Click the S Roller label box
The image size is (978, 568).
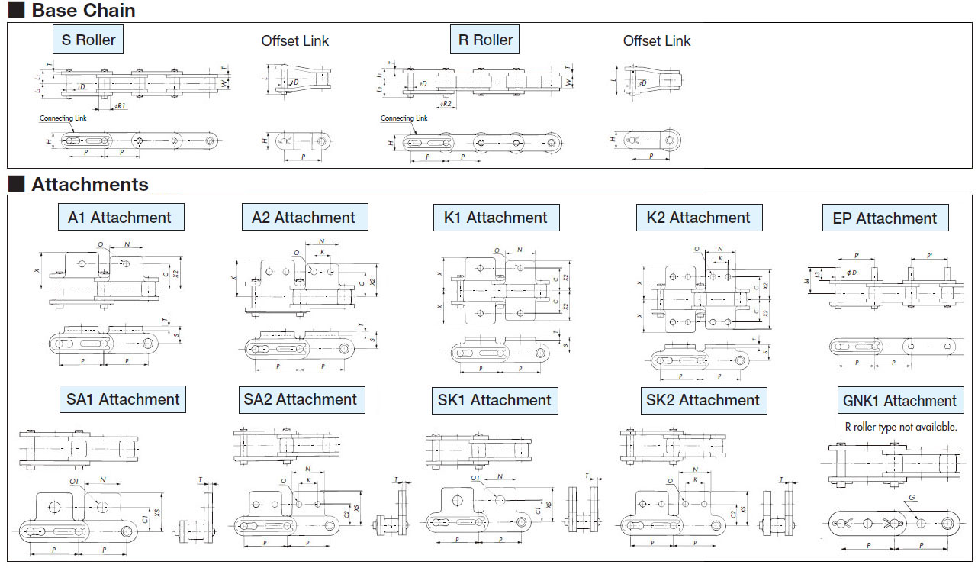click(x=88, y=40)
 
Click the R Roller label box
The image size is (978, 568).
click(x=485, y=40)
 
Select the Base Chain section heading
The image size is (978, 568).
click(x=83, y=11)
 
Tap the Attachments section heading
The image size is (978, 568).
click(x=89, y=184)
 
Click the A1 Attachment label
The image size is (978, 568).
click(x=120, y=218)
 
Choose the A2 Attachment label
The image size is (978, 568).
click(x=304, y=218)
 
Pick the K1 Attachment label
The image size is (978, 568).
click(x=496, y=218)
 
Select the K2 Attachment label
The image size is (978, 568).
click(x=699, y=218)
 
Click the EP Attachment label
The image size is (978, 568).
click(x=885, y=218)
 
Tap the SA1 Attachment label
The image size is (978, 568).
click(x=123, y=399)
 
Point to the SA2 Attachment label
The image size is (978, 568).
click(x=301, y=399)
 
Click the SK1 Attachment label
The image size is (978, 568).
click(x=494, y=400)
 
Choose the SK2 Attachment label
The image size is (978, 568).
click(x=703, y=400)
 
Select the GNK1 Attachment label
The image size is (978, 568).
click(x=899, y=401)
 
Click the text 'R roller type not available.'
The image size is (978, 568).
click(x=900, y=427)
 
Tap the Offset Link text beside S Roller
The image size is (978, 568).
click(x=295, y=40)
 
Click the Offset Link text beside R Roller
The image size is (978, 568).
click(x=657, y=40)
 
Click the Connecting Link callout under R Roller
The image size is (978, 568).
click(x=404, y=118)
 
